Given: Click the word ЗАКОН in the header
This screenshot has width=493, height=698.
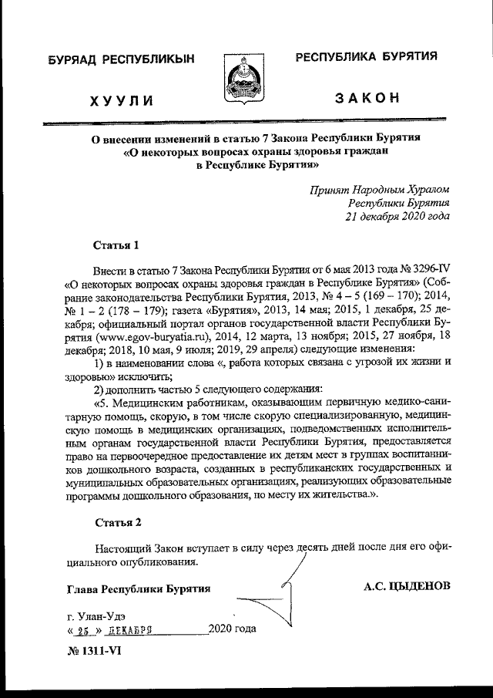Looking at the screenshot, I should click(367, 97).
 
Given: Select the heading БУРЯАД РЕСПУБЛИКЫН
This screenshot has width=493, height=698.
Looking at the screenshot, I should click(121, 59).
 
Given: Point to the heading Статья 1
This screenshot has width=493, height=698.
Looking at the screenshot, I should click(116, 246).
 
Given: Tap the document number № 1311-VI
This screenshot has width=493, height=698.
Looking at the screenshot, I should click(93, 650).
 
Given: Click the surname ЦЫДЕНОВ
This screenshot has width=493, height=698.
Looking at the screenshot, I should click(421, 587).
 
